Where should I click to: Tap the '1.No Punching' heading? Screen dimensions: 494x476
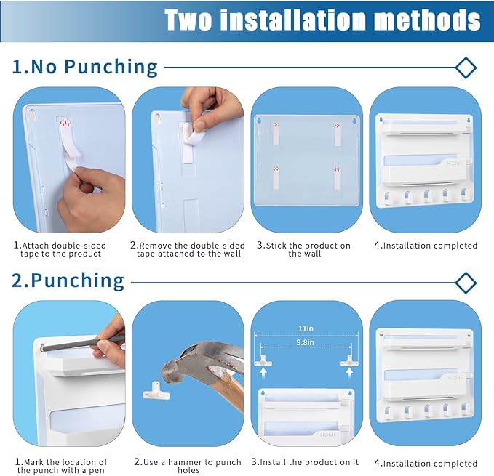click(x=84, y=67)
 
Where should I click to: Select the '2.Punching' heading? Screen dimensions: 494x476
click(x=68, y=281)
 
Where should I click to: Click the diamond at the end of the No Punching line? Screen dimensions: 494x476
click(x=466, y=68)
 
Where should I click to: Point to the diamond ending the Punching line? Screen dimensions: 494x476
click(x=466, y=283)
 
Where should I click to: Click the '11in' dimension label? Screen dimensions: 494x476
click(x=306, y=328)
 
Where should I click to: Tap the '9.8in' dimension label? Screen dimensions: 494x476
click(x=305, y=342)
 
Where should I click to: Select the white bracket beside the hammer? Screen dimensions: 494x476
click(x=156, y=390)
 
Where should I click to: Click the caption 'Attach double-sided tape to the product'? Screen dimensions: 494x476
click(x=60, y=249)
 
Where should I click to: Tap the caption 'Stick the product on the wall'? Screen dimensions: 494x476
click(x=303, y=249)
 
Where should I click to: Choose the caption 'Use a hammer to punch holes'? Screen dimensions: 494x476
click(x=188, y=467)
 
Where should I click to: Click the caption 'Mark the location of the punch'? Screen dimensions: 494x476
click(x=61, y=467)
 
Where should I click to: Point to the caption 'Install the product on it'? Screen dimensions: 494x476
click(x=305, y=462)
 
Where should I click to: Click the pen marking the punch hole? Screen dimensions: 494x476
click(x=82, y=344)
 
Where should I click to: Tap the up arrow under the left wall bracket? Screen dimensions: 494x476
click(x=263, y=372)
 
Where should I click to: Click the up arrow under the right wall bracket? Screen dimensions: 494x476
click(x=349, y=372)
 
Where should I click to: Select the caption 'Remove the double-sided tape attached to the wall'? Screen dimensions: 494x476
click(x=188, y=249)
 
